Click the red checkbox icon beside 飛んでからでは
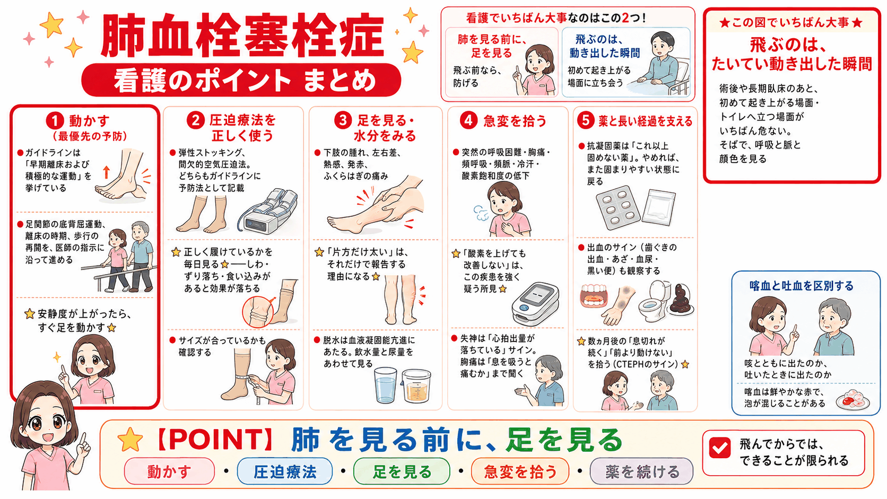click(720, 448)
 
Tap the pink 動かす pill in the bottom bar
click(169, 471)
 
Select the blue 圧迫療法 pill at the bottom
click(285, 471)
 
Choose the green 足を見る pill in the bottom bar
click(402, 471)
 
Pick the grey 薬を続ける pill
click(641, 471)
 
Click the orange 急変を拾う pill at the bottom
click(520, 471)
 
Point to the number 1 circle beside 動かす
click(55, 120)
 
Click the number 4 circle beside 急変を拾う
click(468, 120)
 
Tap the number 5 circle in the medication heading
click(586, 120)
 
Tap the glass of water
click(385, 384)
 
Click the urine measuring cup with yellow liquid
click(416, 386)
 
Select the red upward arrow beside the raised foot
click(106, 172)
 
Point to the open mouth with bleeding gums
click(594, 296)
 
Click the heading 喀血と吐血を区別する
click(802, 286)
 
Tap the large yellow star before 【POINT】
click(131, 440)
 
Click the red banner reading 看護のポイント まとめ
click(241, 80)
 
